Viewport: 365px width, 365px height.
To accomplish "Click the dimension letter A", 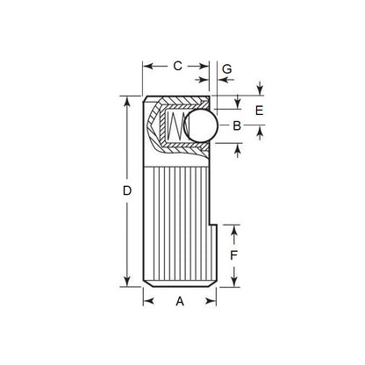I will pyautogui.click(x=180, y=301).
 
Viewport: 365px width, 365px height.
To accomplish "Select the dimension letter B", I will pyautogui.click(x=237, y=126).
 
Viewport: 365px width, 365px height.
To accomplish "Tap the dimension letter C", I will pyautogui.click(x=177, y=66).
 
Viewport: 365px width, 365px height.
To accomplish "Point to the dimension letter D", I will pyautogui.click(x=127, y=190).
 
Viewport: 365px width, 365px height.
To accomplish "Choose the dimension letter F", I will pyautogui.click(x=234, y=255).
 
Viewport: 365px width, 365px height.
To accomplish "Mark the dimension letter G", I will pyautogui.click(x=226, y=68).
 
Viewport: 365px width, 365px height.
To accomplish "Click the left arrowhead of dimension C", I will pyautogui.click(x=147, y=66).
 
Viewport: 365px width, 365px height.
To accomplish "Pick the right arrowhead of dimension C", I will pyautogui.click(x=206, y=66).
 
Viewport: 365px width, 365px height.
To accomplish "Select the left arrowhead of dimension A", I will pyautogui.click(x=147, y=301).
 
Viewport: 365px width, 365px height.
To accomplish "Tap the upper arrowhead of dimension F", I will pyautogui.click(x=234, y=230).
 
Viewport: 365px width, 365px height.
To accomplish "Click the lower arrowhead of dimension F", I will pyautogui.click(x=234, y=282).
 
